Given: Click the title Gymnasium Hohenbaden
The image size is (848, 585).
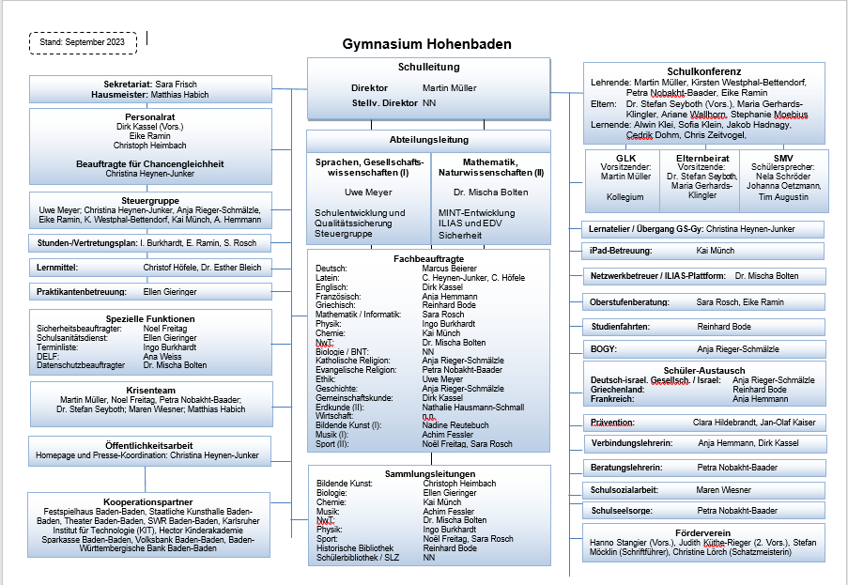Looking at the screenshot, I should tap(426, 44).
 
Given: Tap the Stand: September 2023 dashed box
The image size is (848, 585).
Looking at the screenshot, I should tap(83, 42).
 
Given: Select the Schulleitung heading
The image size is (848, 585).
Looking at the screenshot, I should tap(428, 68).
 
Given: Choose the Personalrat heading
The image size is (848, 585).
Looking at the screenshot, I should tap(150, 117).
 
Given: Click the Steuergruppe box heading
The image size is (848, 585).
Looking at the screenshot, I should tap(150, 200).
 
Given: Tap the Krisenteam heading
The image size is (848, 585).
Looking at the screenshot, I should tap(150, 389).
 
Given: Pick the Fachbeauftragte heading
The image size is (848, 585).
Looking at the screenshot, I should tap(428, 257).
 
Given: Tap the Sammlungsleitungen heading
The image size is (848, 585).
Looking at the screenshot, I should tap(429, 474).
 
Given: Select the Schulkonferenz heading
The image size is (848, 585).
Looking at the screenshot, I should tap(703, 71).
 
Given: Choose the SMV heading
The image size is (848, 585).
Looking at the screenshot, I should tap(783, 158).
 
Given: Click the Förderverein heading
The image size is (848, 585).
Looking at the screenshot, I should tap(703, 532).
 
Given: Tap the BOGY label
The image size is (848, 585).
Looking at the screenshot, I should tap(603, 348).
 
